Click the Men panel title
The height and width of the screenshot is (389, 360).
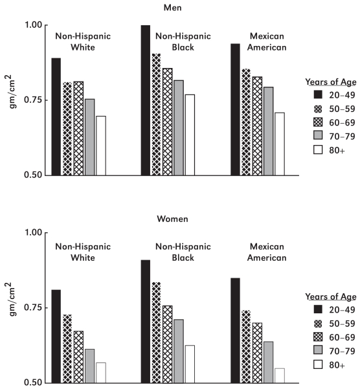(172, 8)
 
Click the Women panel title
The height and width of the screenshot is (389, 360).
(172, 219)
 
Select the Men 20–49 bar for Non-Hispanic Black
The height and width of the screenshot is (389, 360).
(146, 100)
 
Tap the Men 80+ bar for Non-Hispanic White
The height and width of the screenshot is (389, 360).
(101, 146)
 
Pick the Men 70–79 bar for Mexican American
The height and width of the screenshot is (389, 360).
(269, 131)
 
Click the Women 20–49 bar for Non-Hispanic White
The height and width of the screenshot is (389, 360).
(56, 337)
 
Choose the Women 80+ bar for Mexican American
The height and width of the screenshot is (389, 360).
(280, 375)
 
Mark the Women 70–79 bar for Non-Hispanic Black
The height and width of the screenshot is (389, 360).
(179, 351)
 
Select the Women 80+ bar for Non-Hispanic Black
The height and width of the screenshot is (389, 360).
(190, 364)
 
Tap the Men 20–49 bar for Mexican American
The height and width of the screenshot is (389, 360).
(235, 109)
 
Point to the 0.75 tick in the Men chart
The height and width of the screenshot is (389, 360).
(34, 100)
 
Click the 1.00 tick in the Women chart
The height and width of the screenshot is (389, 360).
(34, 232)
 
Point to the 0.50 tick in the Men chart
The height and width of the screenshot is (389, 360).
(34, 175)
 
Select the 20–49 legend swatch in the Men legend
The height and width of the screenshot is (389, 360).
(318, 94)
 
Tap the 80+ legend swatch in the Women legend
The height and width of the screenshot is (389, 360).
(318, 364)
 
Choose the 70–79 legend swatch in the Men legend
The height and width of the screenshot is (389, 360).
(318, 135)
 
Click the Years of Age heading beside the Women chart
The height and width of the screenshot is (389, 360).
(331, 296)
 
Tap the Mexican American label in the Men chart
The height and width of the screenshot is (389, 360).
(267, 41)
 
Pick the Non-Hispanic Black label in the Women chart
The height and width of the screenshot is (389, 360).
(183, 252)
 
